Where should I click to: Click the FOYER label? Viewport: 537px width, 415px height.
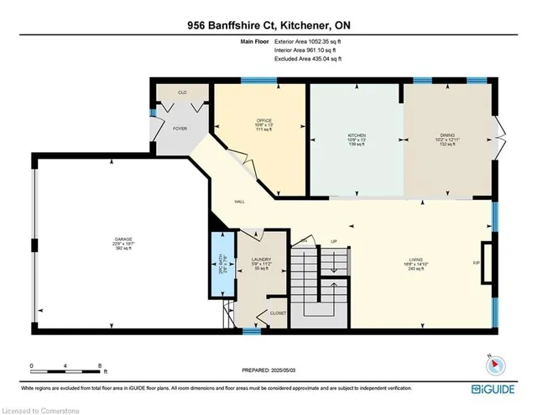tap(180, 129)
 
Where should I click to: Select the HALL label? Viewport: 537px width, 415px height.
tap(239, 202)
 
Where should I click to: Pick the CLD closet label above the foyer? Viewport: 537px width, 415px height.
tap(180, 92)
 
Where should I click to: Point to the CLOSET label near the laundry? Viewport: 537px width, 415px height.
tap(278, 313)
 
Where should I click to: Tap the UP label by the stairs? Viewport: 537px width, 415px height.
tap(332, 240)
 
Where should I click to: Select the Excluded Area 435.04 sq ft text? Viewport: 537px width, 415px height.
tap(312, 60)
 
